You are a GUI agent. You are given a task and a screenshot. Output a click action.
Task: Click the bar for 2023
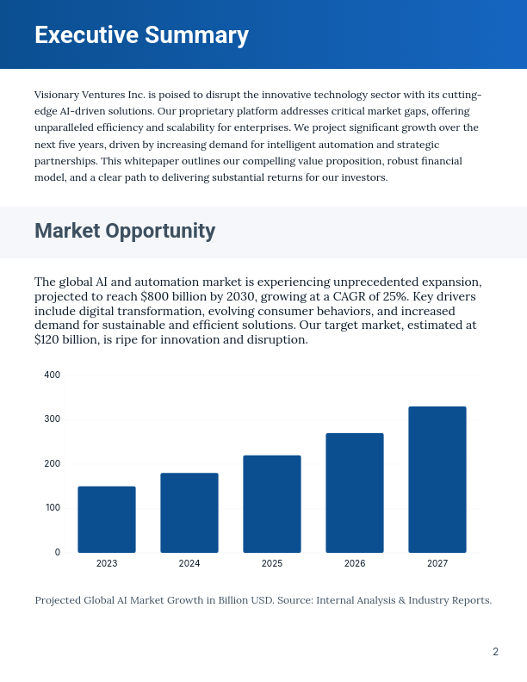tap(107, 519)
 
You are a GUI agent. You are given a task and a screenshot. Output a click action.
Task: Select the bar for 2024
tap(189, 512)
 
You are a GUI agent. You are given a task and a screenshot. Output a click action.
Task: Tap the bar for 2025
tap(272, 504)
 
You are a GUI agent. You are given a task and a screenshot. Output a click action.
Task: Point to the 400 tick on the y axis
tap(53, 375)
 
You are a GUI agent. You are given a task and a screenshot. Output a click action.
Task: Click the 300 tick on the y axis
tap(53, 419)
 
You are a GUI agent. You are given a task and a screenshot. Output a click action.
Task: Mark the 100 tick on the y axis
tap(53, 508)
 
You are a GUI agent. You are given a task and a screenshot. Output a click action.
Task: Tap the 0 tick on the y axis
tap(58, 552)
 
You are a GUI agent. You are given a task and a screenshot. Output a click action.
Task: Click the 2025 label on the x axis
tap(272, 563)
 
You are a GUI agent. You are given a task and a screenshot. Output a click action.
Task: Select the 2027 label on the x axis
tap(437, 563)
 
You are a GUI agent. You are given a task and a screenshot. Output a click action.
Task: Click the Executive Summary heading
tap(141, 35)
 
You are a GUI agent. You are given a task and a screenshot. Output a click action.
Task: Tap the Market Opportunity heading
tap(125, 231)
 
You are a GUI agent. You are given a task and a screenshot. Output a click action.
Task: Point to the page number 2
tap(495, 652)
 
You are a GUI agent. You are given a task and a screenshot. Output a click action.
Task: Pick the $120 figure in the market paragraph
tap(49, 340)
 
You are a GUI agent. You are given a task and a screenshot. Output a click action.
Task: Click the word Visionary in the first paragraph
tap(59, 94)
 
